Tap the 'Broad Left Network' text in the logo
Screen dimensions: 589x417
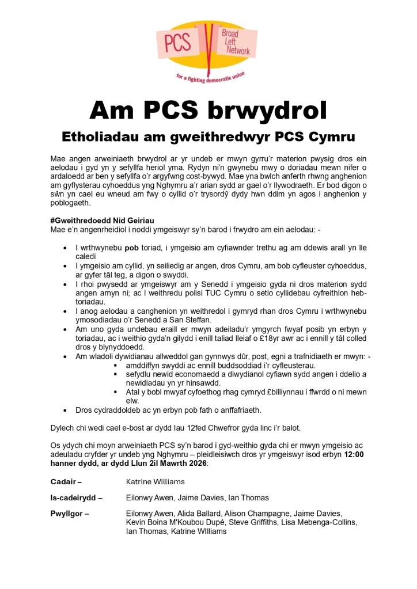pyautogui.click(x=236, y=43)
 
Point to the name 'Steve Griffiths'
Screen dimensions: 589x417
pyautogui.click(x=257, y=522)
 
